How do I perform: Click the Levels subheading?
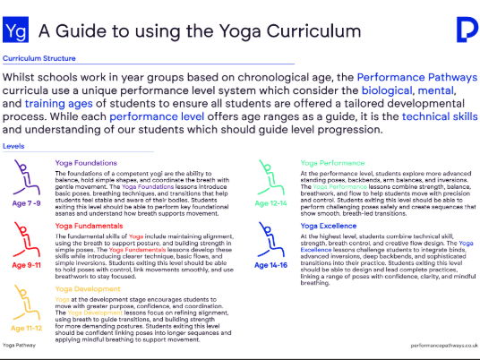coord(13,145)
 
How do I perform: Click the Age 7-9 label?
coord(28,202)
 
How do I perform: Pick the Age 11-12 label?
coord(28,329)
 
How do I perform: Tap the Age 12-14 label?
coord(271,203)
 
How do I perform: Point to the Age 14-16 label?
coord(271,267)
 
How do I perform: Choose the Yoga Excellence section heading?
coord(329,227)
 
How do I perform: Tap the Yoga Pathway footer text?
coord(20,344)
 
